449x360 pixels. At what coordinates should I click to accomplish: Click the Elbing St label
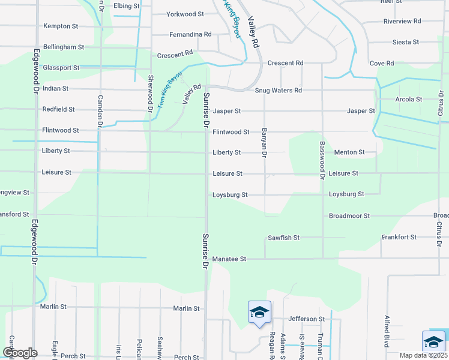pos(126,5)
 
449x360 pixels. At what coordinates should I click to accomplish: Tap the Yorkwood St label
pos(185,13)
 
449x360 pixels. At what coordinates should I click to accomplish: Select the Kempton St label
pos(61,26)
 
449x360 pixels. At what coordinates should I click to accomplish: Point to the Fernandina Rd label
pos(190,34)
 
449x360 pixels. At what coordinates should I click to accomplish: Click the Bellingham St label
pos(63,47)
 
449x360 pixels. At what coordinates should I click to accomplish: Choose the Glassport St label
pos(61,68)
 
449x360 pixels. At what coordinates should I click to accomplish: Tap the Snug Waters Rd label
pos(278,91)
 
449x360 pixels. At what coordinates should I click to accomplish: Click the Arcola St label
pos(409,99)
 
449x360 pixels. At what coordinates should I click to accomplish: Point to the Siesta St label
pos(405,42)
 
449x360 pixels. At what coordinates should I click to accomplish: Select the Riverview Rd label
pos(402,21)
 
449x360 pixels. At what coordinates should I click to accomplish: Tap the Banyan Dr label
pos(264,142)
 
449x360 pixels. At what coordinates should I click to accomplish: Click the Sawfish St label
pos(283,238)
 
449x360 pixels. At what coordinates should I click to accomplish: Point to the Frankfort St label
pos(399,238)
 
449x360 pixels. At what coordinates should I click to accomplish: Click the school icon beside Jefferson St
pos(259,313)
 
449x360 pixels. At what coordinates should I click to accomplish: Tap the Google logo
pos(20,353)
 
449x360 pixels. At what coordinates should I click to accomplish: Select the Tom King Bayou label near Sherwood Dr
pos(170,95)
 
